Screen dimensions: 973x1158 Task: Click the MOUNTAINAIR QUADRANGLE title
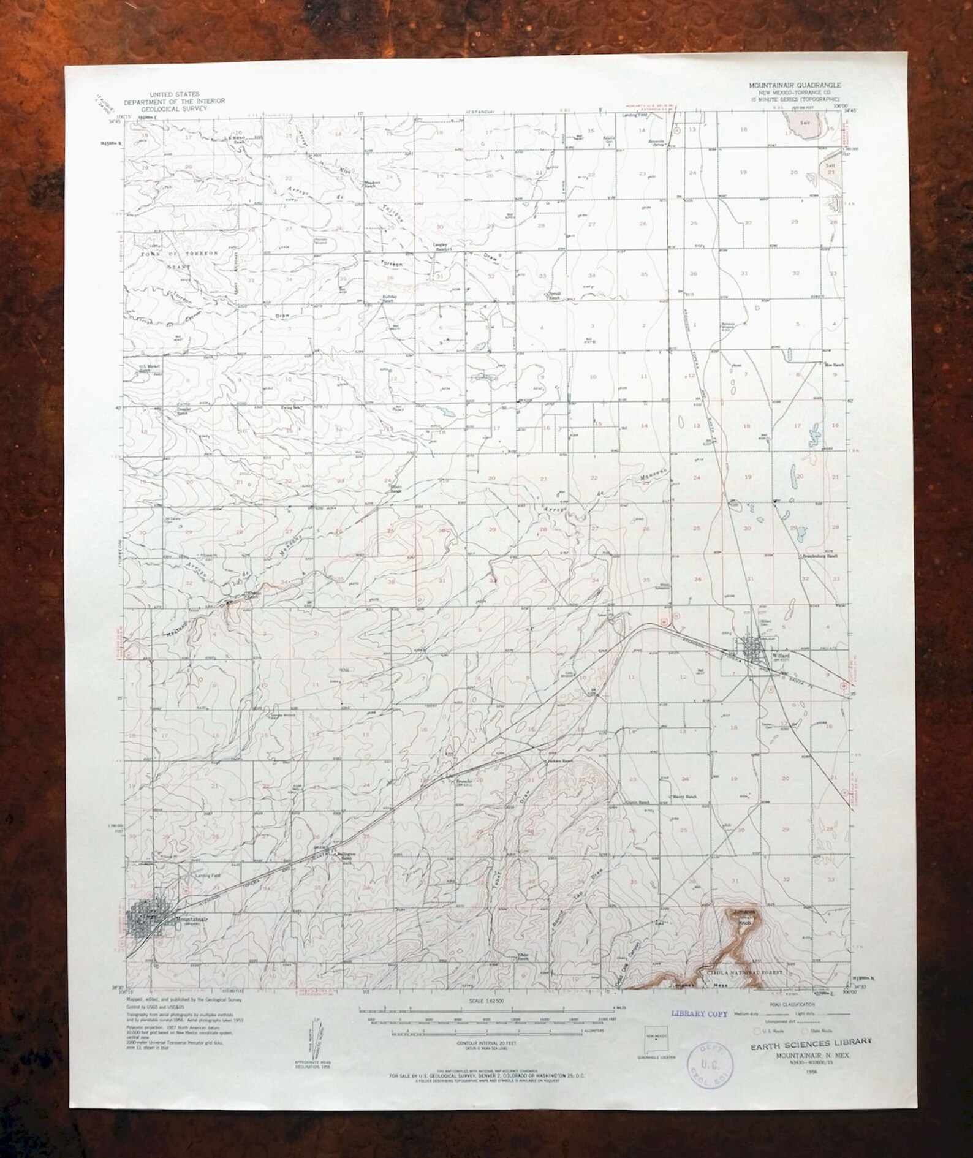pyautogui.click(x=793, y=86)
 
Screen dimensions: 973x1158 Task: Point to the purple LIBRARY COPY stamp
pyautogui.click(x=699, y=1013)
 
